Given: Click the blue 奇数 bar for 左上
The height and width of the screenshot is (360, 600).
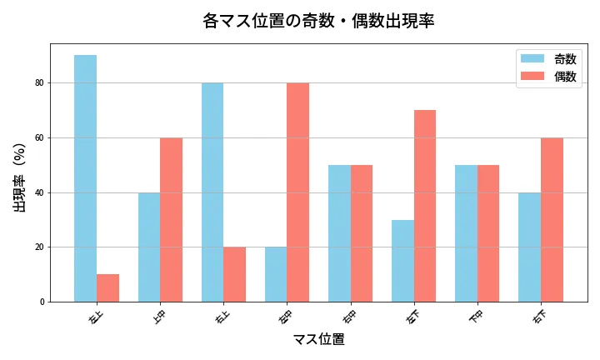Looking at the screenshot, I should [85, 178].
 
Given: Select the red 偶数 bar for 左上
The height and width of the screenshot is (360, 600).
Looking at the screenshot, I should [107, 287].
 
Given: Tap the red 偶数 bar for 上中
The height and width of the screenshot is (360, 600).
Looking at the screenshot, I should [171, 219].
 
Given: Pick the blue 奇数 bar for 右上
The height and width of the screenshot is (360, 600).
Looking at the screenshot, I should [212, 192].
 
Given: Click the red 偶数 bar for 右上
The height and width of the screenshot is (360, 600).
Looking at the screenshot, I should [234, 274].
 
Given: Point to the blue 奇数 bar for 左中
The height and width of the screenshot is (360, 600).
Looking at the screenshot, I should [276, 274].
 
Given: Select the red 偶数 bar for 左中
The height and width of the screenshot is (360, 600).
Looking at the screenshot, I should [297, 192].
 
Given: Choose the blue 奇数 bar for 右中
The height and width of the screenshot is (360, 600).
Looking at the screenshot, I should [339, 233].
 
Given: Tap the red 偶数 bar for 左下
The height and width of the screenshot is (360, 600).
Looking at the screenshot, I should [425, 206].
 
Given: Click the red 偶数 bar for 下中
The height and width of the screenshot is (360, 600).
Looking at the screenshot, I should [488, 233].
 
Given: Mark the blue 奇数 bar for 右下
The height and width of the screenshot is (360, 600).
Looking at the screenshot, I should [529, 247].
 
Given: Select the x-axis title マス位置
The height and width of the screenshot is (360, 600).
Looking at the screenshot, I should [318, 339].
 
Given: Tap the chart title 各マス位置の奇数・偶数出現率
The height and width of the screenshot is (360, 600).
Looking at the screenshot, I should [318, 21].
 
